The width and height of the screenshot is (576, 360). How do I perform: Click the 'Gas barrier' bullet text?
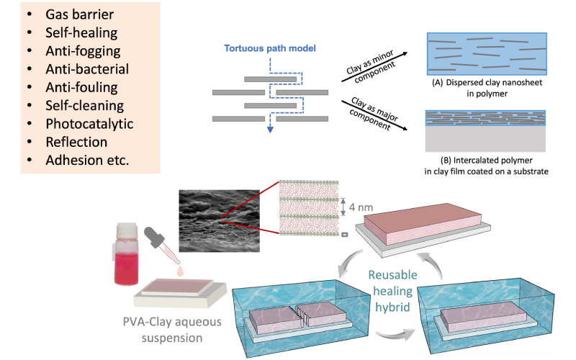[79, 15]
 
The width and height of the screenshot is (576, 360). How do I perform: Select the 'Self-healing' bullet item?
[81, 33]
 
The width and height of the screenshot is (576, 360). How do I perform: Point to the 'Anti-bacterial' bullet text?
[87, 69]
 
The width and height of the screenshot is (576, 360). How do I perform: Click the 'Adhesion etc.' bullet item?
[87, 159]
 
